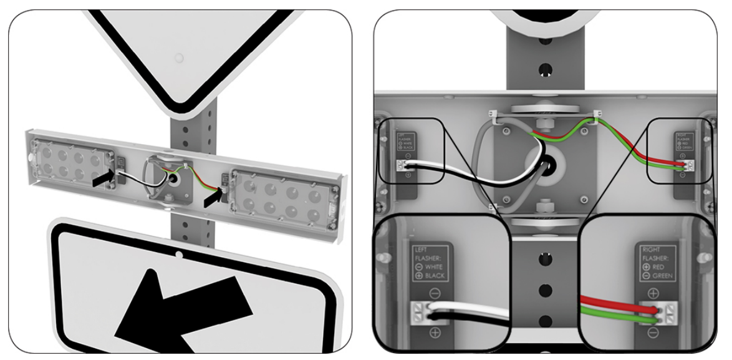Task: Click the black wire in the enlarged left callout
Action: pos(468,317)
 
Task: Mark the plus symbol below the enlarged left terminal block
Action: pos(435,333)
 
